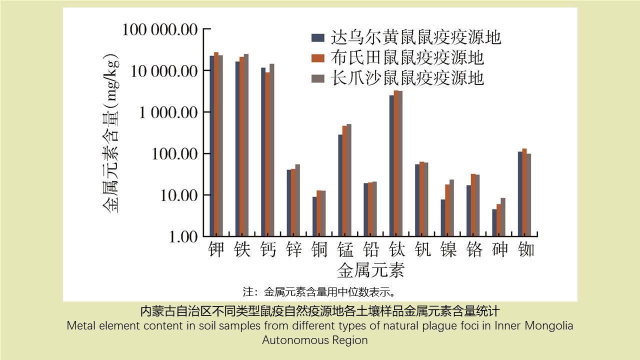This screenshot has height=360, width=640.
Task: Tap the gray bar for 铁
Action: click(246, 145)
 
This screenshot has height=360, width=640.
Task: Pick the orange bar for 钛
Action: click(396, 163)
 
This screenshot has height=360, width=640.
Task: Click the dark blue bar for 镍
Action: click(443, 217)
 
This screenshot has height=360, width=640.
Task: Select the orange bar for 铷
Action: click(524, 192)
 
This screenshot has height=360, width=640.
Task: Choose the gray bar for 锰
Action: click(349, 180)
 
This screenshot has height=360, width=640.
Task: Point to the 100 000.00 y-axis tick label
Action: click(160, 29)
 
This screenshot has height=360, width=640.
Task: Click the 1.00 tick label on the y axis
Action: click(183, 236)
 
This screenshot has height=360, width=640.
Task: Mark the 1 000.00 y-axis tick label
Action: click(168, 112)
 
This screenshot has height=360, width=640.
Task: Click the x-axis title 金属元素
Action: click(370, 270)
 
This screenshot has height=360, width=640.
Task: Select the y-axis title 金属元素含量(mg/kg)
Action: click(111, 132)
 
